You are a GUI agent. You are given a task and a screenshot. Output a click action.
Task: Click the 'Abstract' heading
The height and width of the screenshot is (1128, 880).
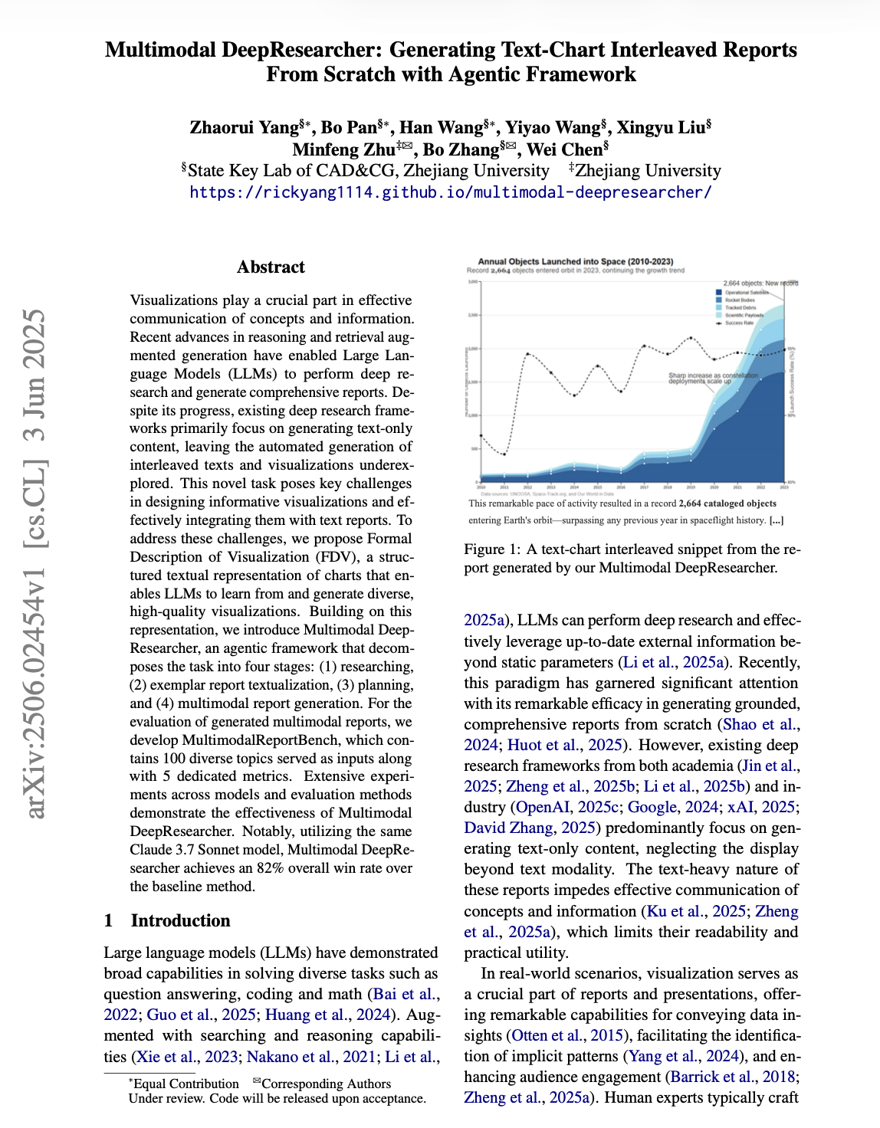pyautogui.click(x=271, y=267)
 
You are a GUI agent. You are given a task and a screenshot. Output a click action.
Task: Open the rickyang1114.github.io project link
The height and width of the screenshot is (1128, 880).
pyautogui.click(x=451, y=192)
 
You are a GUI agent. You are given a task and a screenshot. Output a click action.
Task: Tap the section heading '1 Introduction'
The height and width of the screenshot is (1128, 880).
pyautogui.click(x=167, y=920)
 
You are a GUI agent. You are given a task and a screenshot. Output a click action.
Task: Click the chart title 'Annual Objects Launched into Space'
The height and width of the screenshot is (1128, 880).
pyautogui.click(x=575, y=261)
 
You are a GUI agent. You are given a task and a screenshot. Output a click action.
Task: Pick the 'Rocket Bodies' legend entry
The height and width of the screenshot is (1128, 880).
pyautogui.click(x=740, y=300)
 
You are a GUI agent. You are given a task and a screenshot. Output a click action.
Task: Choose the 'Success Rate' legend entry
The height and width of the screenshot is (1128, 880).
pyautogui.click(x=740, y=323)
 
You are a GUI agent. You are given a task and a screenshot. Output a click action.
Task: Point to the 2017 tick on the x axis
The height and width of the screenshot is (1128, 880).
pyautogui.click(x=644, y=487)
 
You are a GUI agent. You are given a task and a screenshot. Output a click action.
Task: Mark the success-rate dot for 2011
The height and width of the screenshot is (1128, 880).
pyautogui.click(x=504, y=454)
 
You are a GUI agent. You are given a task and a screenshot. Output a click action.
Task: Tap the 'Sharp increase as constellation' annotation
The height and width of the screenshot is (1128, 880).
pyautogui.click(x=713, y=375)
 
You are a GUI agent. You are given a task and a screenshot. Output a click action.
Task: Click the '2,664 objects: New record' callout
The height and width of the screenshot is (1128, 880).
pyautogui.click(x=760, y=284)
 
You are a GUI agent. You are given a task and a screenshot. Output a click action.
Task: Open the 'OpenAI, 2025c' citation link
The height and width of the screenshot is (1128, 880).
pyautogui.click(x=568, y=807)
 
